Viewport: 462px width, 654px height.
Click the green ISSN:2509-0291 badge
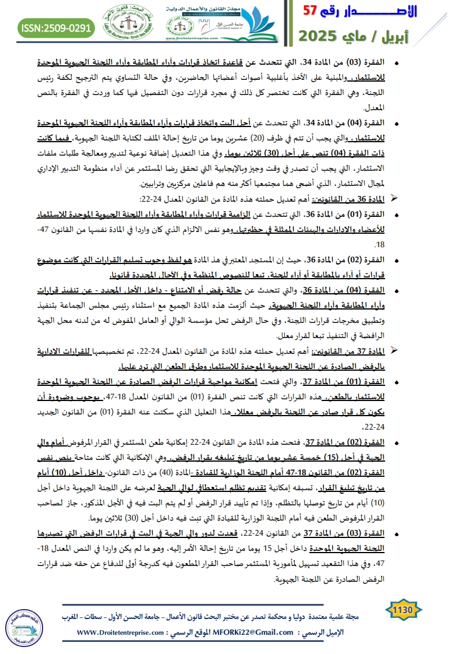(56, 27)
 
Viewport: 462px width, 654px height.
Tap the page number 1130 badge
(403, 610)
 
